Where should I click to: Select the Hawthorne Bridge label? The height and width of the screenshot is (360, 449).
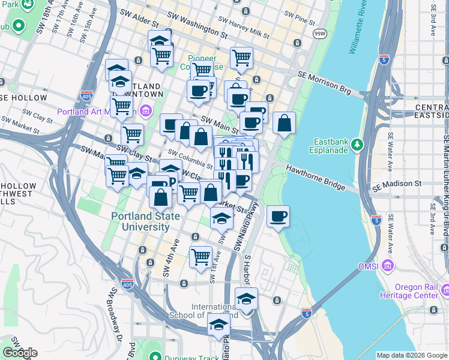tap(315, 178)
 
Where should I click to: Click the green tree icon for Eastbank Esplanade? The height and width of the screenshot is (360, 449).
tap(357, 144)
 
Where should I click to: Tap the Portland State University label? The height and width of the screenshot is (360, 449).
tap(140, 221)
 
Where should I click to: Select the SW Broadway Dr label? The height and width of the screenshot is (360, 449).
tap(115, 316)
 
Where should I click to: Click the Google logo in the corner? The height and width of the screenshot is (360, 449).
tap(20, 353)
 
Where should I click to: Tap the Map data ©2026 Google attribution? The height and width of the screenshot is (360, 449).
tap(411, 355)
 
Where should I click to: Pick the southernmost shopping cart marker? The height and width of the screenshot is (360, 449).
tap(201, 256)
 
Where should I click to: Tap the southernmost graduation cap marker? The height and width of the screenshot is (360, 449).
tap(219, 325)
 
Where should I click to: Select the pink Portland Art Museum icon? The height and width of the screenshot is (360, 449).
tap(146, 110)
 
